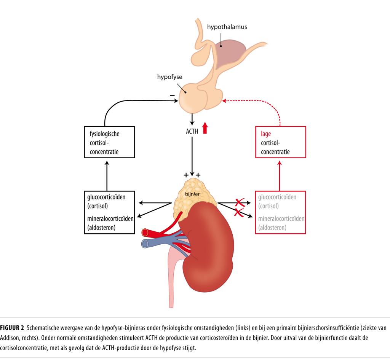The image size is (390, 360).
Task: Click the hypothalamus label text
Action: pyautogui.click(x=227, y=27)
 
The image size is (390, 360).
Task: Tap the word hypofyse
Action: pyautogui.click(x=169, y=76)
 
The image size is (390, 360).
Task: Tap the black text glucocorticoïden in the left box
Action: pyautogui.click(x=106, y=197)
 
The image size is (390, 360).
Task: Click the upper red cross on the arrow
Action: pyautogui.click(x=239, y=202)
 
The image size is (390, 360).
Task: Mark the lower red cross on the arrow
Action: pyautogui.click(x=239, y=212)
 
